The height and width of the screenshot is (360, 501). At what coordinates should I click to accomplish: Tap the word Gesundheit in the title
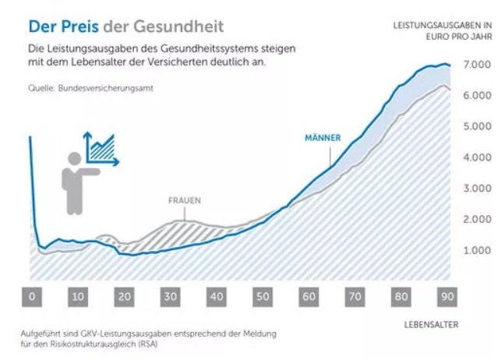[x=180, y=26]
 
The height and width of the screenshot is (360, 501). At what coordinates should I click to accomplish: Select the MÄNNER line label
[x=323, y=138]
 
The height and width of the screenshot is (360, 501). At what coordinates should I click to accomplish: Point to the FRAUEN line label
[x=185, y=200]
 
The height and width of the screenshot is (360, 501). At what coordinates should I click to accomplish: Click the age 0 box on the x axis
[x=31, y=297]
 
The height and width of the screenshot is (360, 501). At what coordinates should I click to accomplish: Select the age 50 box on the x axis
[x=263, y=297]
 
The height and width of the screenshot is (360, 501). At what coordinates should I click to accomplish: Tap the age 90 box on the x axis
[x=448, y=297]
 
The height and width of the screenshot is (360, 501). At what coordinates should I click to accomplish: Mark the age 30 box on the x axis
[x=170, y=297]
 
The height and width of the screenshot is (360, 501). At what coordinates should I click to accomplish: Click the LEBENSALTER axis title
[x=432, y=323]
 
